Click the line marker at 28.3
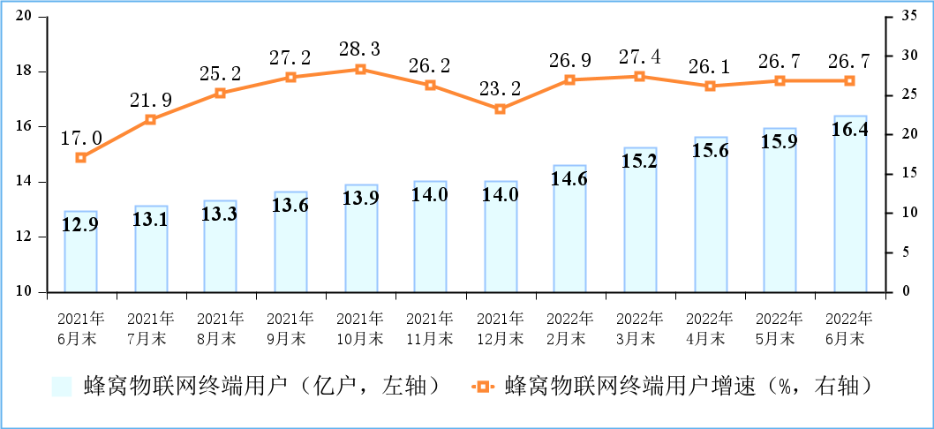[x=361, y=69]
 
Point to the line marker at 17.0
[x=80, y=158]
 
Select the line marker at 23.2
[x=501, y=109]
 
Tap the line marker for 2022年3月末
[x=640, y=76]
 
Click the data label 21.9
[x=150, y=100]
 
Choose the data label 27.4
[x=640, y=56]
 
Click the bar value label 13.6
[x=290, y=206]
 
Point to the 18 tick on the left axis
[x=24, y=71]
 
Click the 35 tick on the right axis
[x=900, y=17]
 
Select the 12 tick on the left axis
[x=24, y=237]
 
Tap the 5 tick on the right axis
[x=896, y=252]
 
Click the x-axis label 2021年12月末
[x=501, y=327]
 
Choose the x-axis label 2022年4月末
[x=710, y=327]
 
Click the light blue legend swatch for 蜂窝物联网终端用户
[x=62, y=386]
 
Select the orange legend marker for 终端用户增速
[x=482, y=386]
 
